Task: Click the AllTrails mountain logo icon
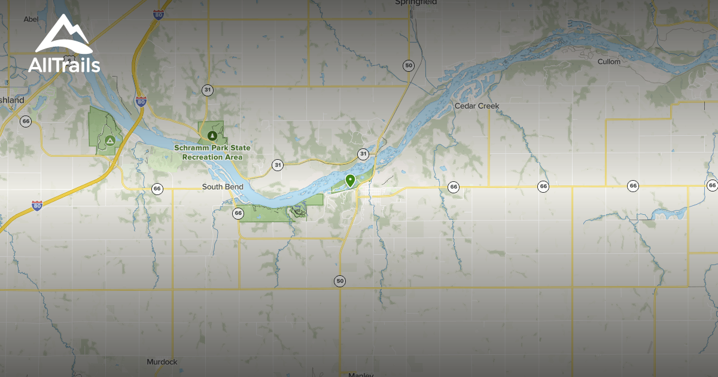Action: coord(63,34)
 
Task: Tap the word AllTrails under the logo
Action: coord(63,65)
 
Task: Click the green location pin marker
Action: coord(350,180)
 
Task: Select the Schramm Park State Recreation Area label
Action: coord(212,152)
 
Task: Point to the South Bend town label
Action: coord(223,187)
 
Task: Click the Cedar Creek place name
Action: coord(476,106)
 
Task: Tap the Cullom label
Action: coord(609,62)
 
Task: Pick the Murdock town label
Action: coord(162,362)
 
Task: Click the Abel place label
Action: coord(31,19)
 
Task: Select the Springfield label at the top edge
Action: coord(416,2)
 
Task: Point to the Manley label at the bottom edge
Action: coord(360,375)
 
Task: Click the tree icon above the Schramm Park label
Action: coord(211,135)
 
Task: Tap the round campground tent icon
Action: coord(109,141)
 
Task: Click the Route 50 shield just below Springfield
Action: coord(409,66)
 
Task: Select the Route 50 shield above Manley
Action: coord(340,281)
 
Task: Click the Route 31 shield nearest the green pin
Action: coord(363,154)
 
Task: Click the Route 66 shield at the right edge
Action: coord(711,186)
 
